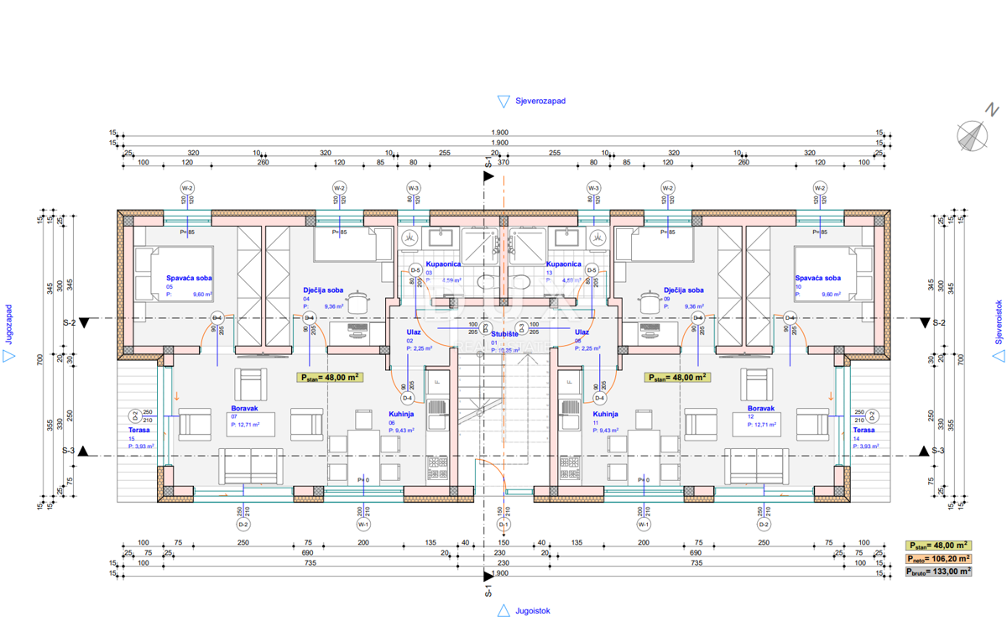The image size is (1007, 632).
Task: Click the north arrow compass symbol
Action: [x=973, y=133]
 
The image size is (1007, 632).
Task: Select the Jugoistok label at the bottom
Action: [x=533, y=611]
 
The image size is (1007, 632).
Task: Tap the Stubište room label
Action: [x=505, y=333]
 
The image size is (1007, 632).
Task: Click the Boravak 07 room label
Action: [x=244, y=409]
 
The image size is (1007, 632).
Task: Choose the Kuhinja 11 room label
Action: [x=605, y=415]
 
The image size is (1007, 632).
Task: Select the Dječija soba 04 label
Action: [x=324, y=290]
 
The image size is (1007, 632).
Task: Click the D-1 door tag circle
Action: [x=503, y=525]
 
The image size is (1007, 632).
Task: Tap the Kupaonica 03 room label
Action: [x=442, y=264]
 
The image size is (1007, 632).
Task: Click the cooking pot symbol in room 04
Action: [x=360, y=300]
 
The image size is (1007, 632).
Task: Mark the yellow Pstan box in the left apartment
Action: [x=330, y=378]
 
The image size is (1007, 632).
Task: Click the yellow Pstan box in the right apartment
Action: [x=677, y=378]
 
